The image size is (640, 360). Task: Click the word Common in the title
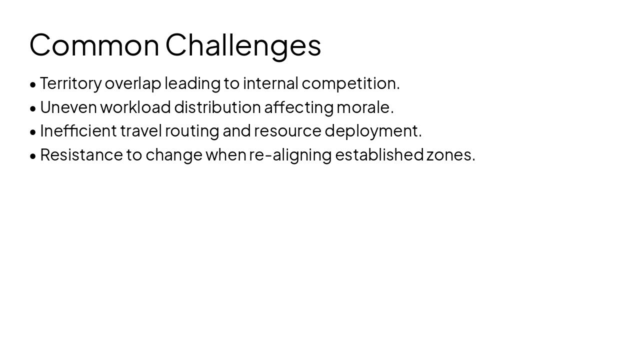(x=94, y=45)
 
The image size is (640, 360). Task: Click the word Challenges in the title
(x=243, y=45)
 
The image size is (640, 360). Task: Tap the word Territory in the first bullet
(x=70, y=83)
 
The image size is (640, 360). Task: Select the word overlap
(x=132, y=83)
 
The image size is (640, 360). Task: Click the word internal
(x=270, y=83)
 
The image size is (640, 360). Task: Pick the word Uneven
(x=68, y=107)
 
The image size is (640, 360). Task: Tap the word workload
(x=135, y=107)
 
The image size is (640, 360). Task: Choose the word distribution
(x=217, y=107)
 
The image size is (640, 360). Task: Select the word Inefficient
(x=78, y=131)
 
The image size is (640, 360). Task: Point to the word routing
(x=192, y=131)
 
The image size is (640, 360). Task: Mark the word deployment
(x=372, y=131)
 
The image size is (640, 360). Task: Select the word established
(x=379, y=155)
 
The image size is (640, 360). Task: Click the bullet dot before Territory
(x=33, y=84)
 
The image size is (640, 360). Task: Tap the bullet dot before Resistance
(x=33, y=156)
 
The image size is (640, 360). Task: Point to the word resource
(x=287, y=131)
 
